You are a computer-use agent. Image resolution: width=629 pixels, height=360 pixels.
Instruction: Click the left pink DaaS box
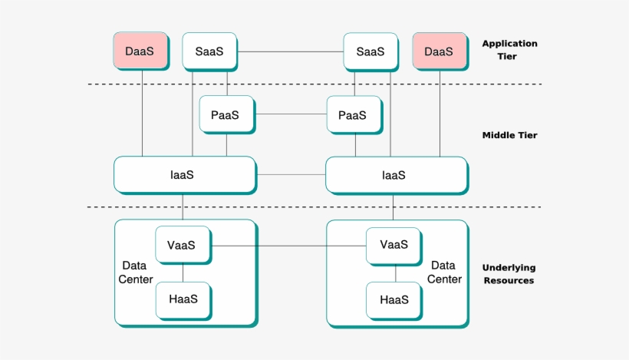point(140,51)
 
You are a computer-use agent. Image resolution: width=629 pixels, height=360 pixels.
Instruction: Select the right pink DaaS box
point(439,51)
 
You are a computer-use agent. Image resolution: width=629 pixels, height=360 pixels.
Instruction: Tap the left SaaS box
point(209,51)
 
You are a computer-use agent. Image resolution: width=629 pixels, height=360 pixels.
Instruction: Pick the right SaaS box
point(370,51)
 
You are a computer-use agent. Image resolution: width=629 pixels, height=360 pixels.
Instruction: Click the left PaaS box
point(226,115)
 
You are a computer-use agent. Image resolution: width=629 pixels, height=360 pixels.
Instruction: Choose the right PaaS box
point(354,115)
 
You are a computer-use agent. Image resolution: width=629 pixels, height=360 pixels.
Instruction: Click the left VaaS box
point(183,246)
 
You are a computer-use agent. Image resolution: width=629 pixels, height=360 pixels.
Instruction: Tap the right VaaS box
point(394,246)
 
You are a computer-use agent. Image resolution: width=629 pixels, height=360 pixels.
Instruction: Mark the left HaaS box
point(183,300)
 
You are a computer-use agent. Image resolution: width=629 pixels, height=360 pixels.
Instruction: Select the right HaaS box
point(394,300)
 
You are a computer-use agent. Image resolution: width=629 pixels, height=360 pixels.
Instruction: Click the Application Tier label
point(509,50)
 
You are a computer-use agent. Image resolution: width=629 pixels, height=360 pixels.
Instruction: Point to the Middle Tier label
point(509,135)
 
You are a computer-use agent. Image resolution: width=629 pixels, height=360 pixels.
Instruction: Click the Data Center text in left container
point(137,272)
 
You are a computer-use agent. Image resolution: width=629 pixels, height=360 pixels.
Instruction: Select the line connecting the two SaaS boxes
point(290,51)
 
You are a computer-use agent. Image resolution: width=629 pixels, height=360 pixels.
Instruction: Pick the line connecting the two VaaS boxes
point(288,246)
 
